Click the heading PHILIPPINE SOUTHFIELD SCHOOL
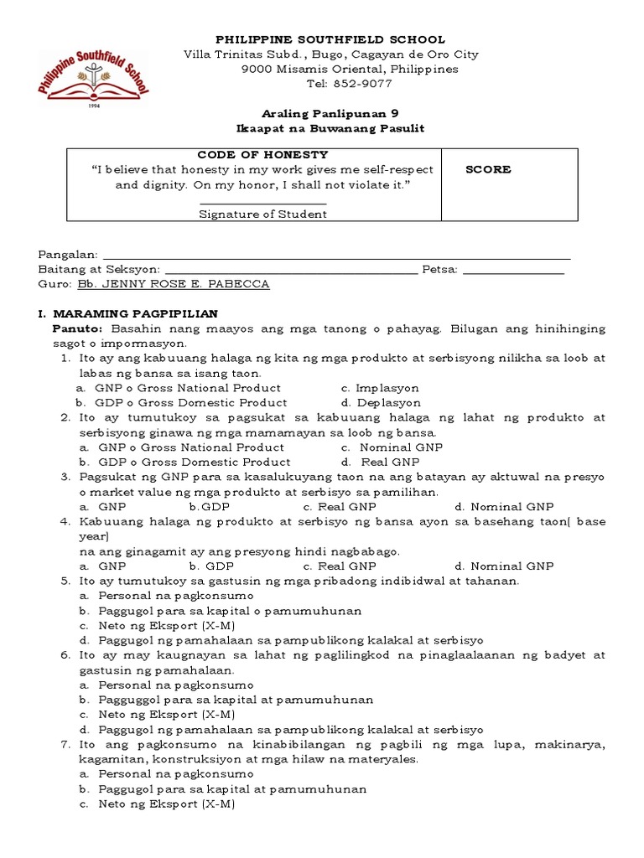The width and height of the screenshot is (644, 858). click(331, 39)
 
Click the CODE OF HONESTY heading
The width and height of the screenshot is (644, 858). click(262, 155)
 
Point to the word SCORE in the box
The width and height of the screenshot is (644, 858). click(488, 169)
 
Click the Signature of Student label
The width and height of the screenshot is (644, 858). click(262, 214)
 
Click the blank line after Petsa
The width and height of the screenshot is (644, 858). click(513, 270)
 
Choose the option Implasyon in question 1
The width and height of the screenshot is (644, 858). click(386, 388)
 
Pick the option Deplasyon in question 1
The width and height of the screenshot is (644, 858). click(387, 402)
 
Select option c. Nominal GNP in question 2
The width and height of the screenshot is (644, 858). click(388, 447)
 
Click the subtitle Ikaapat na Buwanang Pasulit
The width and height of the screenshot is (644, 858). click(330, 128)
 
